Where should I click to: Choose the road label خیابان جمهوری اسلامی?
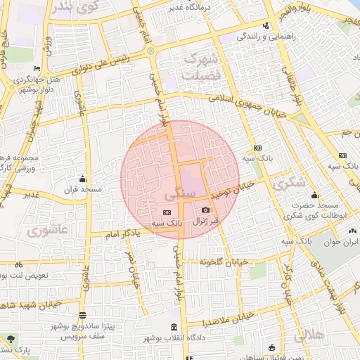coord(246,105)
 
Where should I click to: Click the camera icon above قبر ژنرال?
coord(205,210)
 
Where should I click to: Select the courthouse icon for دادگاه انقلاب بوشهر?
coord(174,328)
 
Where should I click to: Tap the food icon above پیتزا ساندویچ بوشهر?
coord(84,316)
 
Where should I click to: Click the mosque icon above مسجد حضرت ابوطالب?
coord(314,195)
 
